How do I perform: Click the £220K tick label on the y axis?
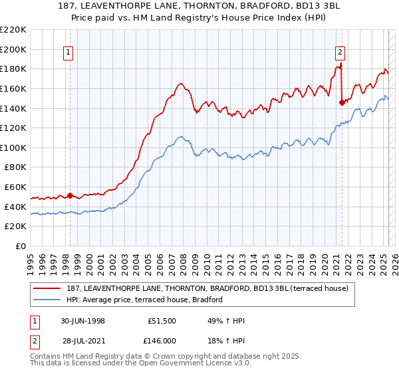pyautogui.click(x=13, y=30)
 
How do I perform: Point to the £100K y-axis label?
pyautogui.click(x=13, y=147)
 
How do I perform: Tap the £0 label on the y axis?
pyautogui.click(x=20, y=246)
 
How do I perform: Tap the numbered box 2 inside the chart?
pyautogui.click(x=340, y=52)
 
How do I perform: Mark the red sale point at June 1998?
pyautogui.click(x=70, y=195)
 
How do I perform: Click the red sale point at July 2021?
pyautogui.click(x=342, y=102)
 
